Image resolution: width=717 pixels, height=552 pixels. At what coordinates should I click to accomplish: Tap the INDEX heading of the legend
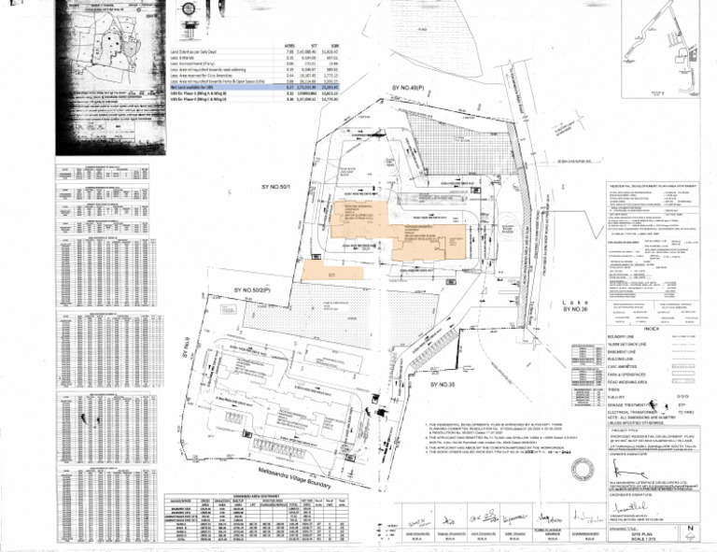tap(651, 330)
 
